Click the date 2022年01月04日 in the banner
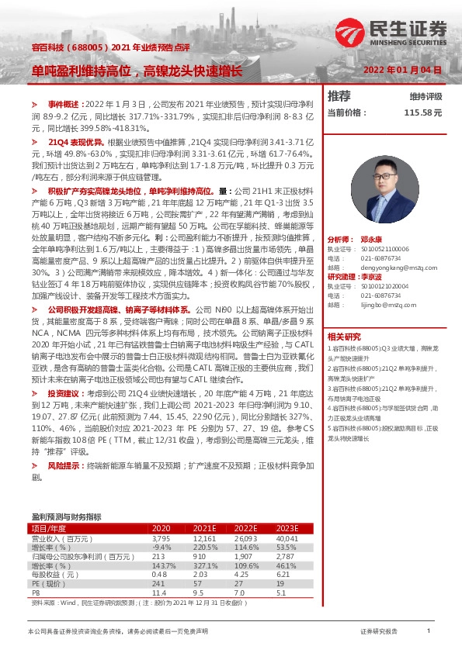(x=402, y=69)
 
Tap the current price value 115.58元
(x=422, y=112)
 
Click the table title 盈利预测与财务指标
(x=66, y=517)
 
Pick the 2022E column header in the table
(x=248, y=528)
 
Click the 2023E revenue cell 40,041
(x=287, y=537)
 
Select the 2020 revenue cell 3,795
(x=161, y=537)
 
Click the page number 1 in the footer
(x=429, y=631)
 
